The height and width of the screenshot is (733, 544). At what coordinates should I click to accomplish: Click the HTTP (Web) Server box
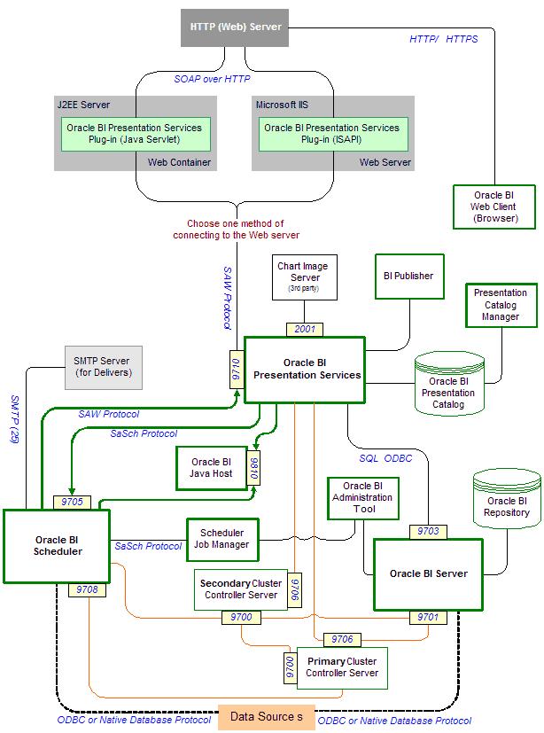pyautogui.click(x=236, y=27)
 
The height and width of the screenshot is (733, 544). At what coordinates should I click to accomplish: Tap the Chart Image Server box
pyautogui.click(x=304, y=277)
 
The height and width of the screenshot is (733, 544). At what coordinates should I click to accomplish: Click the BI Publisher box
pyautogui.click(x=408, y=276)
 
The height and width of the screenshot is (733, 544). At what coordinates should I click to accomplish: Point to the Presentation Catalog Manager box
pyautogui.click(x=500, y=305)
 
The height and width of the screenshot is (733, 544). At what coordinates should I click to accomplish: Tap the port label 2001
pyautogui.click(x=304, y=330)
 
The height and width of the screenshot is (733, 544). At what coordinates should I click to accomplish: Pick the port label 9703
pyautogui.click(x=428, y=531)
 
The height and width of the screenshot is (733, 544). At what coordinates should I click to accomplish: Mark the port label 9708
pyautogui.click(x=88, y=589)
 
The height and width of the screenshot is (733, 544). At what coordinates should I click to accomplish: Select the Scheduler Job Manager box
pyautogui.click(x=221, y=539)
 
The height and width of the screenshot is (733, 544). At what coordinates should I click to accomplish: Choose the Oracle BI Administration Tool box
pyautogui.click(x=363, y=497)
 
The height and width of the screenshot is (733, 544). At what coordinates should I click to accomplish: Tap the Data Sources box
pyautogui.click(x=267, y=716)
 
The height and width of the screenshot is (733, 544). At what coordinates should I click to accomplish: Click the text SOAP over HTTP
pyautogui.click(x=212, y=79)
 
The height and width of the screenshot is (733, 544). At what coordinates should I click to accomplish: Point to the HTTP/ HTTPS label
pyautogui.click(x=443, y=39)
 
